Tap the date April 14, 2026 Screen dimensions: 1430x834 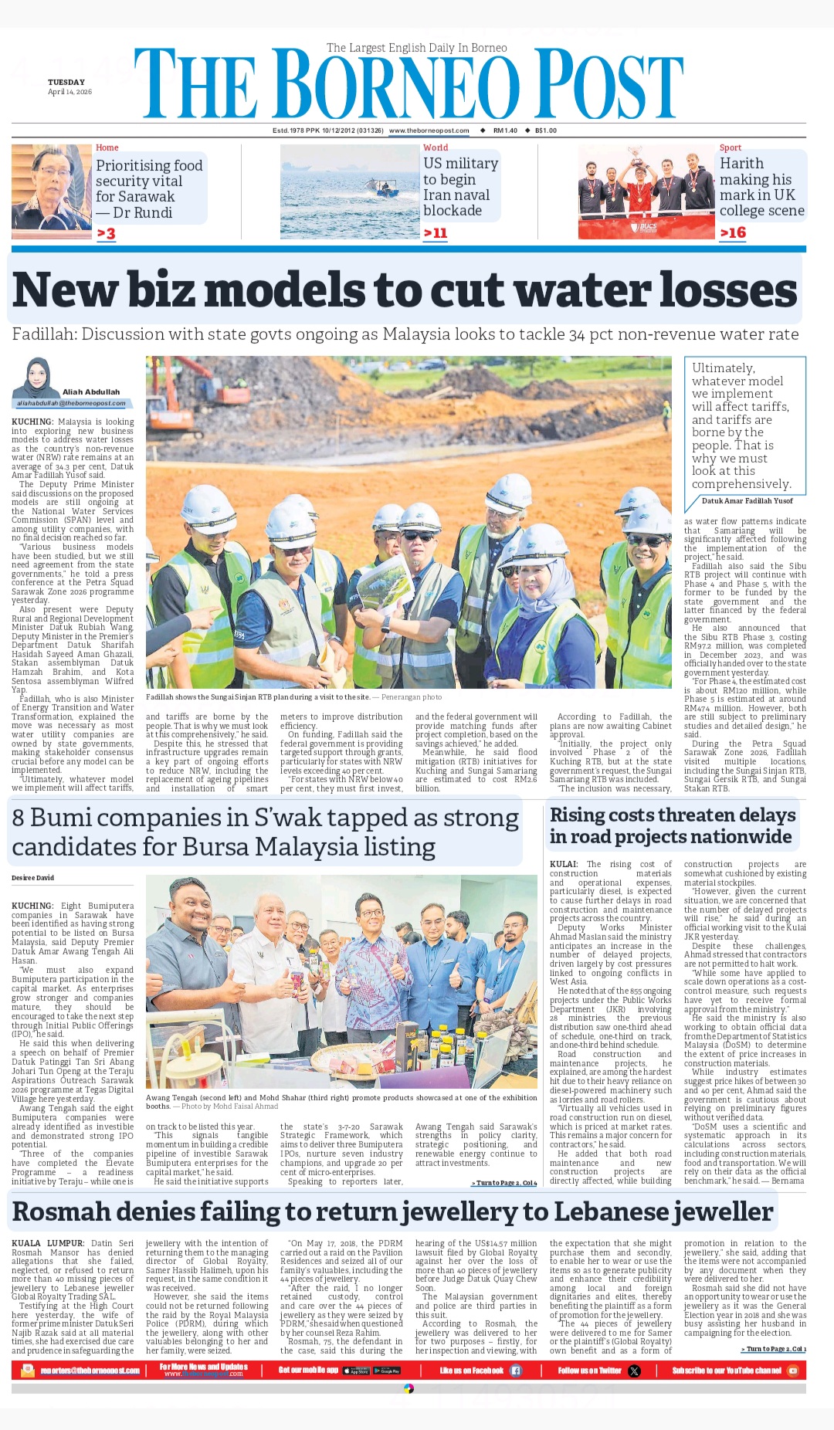(69, 92)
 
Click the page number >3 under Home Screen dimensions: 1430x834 (106, 233)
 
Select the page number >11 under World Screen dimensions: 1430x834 (435, 232)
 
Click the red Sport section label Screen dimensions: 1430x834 (730, 147)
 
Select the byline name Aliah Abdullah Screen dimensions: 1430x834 (91, 392)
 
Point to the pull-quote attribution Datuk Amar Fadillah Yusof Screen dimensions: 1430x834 (747, 501)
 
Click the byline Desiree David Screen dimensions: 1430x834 (33, 878)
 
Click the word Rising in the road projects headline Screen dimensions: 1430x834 (578, 815)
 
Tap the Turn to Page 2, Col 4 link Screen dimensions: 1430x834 (503, 1183)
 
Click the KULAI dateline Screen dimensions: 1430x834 (564, 864)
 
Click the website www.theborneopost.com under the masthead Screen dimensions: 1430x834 (429, 130)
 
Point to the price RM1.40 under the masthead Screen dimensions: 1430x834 (505, 130)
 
